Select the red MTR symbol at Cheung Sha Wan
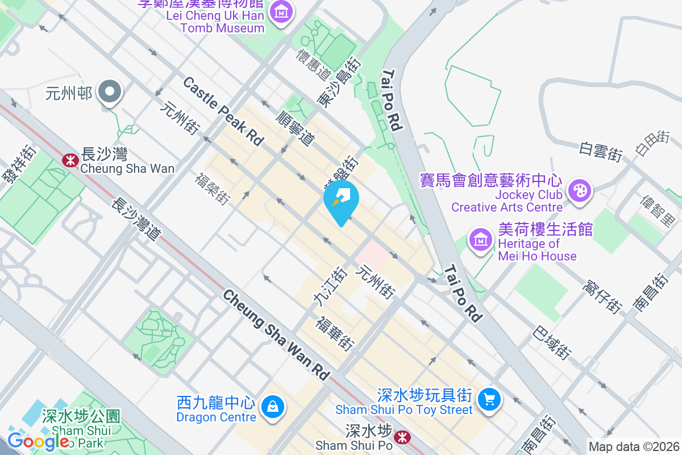(x=70, y=160)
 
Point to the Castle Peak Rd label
(x=223, y=111)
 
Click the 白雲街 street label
(x=601, y=152)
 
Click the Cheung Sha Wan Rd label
(x=276, y=334)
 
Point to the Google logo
(x=38, y=440)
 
